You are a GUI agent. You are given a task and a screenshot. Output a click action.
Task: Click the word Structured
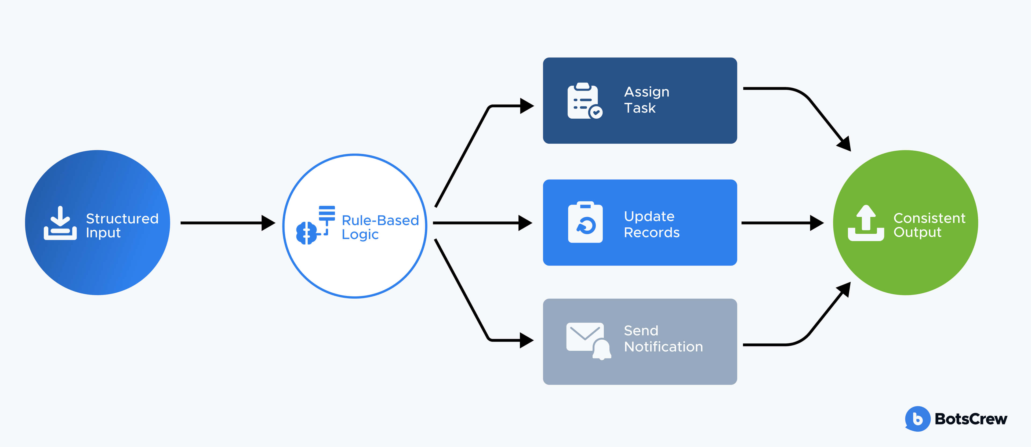click(x=122, y=219)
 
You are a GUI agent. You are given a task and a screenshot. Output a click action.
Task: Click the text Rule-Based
click(x=380, y=220)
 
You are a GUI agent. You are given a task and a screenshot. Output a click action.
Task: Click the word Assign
click(x=646, y=92)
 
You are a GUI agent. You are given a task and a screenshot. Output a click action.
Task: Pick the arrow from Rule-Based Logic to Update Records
click(x=482, y=223)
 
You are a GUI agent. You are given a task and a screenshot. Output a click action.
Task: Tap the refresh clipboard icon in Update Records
click(x=585, y=223)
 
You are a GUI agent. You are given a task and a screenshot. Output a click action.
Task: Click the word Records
click(x=652, y=232)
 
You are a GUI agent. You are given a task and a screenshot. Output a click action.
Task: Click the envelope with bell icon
click(x=587, y=340)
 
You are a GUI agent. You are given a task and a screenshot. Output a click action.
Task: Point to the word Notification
click(x=663, y=347)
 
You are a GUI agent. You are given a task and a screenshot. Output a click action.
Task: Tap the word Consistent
click(x=929, y=218)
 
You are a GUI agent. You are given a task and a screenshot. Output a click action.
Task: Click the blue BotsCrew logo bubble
click(x=917, y=419)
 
